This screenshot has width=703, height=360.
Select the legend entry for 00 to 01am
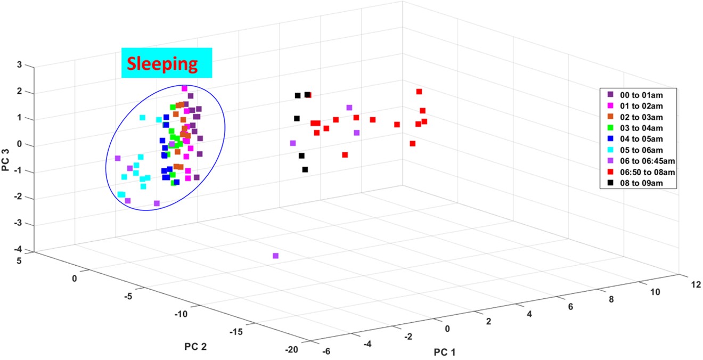coord(643,94)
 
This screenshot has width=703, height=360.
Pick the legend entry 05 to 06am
coord(643,150)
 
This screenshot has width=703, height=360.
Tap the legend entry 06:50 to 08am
coord(646,173)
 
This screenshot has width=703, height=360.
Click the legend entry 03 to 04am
coord(643,128)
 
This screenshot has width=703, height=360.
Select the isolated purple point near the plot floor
coord(275,256)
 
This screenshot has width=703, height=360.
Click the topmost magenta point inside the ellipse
coord(184,88)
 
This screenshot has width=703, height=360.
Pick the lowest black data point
coord(305,170)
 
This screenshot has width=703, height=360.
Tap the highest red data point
coord(419,92)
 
